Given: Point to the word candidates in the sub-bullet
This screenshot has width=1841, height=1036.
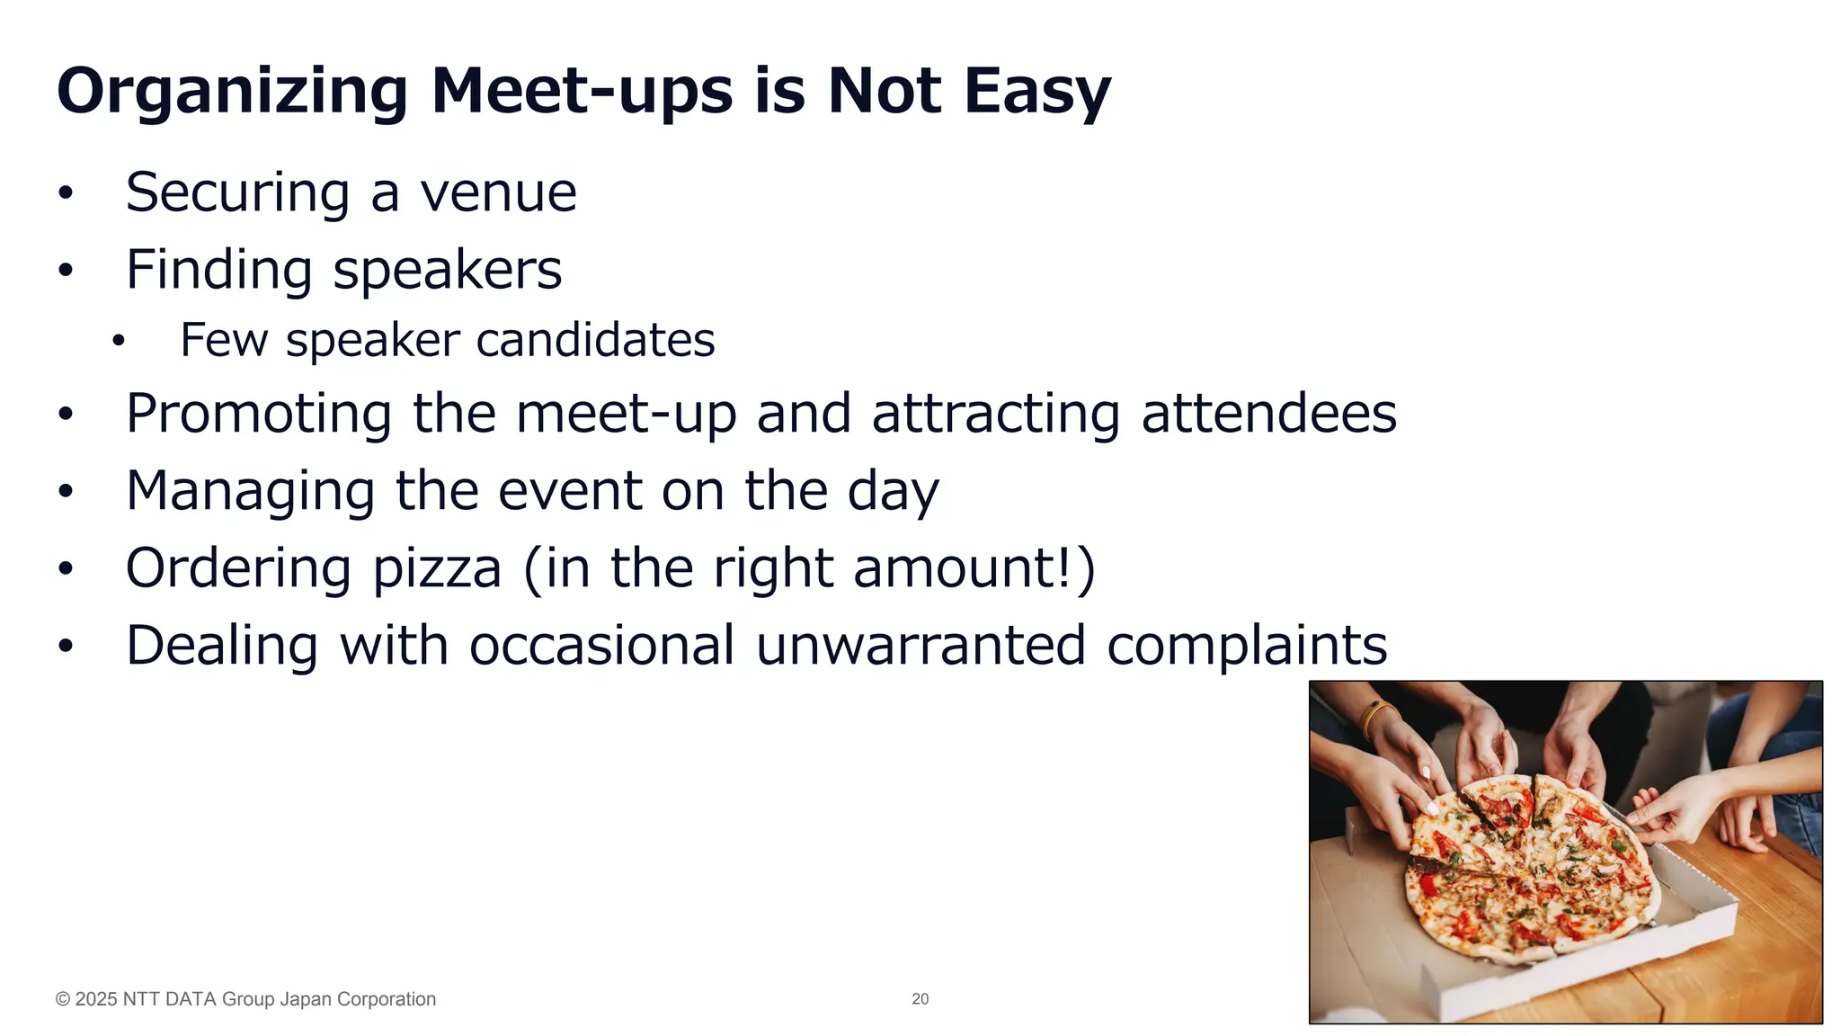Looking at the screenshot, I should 595,340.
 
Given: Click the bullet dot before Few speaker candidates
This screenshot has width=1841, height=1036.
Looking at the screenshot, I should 119,341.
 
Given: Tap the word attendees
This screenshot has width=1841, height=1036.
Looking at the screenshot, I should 1268,414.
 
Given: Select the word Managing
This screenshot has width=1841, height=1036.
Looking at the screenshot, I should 250,491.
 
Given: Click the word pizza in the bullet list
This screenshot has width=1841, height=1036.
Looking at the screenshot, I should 437,568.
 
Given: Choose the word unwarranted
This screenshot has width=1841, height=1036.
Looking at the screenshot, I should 920,646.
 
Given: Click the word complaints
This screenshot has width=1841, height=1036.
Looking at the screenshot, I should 1247,646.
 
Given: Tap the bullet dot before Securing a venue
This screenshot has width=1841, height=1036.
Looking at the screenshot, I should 65,193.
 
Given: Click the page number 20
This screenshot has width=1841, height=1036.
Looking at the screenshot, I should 920,999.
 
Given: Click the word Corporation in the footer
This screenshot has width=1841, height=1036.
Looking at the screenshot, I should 386,999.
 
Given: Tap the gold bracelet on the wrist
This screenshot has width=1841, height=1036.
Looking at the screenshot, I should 1374,718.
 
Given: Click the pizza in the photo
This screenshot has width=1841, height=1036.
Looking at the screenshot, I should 1528,868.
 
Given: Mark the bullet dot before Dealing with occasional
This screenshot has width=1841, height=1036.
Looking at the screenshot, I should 65,647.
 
